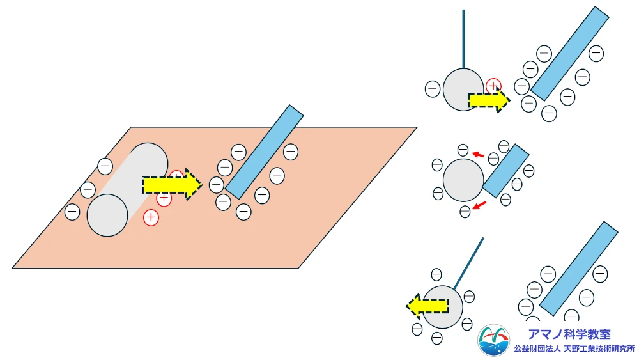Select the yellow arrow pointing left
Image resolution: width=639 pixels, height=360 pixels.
[427, 307]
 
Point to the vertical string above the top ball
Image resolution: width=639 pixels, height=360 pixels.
[463, 38]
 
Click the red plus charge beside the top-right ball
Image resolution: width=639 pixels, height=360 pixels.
[493, 86]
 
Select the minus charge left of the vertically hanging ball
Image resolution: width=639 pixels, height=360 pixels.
[433, 88]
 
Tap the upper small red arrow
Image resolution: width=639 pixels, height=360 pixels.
[477, 154]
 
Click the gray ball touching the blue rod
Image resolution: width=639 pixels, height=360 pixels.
[463, 180]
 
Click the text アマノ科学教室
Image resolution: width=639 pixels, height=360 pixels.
[569, 334]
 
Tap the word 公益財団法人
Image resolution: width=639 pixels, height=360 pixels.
[537, 349]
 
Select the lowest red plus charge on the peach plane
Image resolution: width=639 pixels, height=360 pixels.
[151, 217]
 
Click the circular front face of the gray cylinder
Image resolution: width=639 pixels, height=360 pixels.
[107, 215]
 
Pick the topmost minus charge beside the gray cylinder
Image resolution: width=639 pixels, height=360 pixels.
[105, 166]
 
